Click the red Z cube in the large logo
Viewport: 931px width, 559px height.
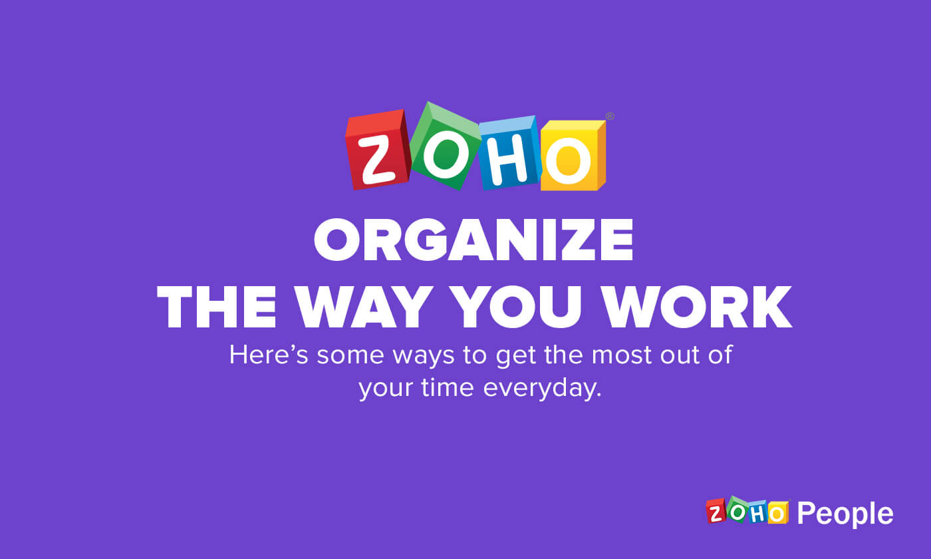pos(376,151)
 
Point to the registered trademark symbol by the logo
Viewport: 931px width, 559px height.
pos(610,116)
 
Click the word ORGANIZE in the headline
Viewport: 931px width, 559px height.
pos(473,241)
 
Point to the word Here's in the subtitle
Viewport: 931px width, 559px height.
pos(269,355)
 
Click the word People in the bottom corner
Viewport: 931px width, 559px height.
pos(845,514)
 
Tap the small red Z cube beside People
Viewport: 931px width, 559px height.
pos(716,511)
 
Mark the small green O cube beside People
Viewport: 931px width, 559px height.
pos(737,509)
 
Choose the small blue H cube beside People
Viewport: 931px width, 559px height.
pos(757,512)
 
